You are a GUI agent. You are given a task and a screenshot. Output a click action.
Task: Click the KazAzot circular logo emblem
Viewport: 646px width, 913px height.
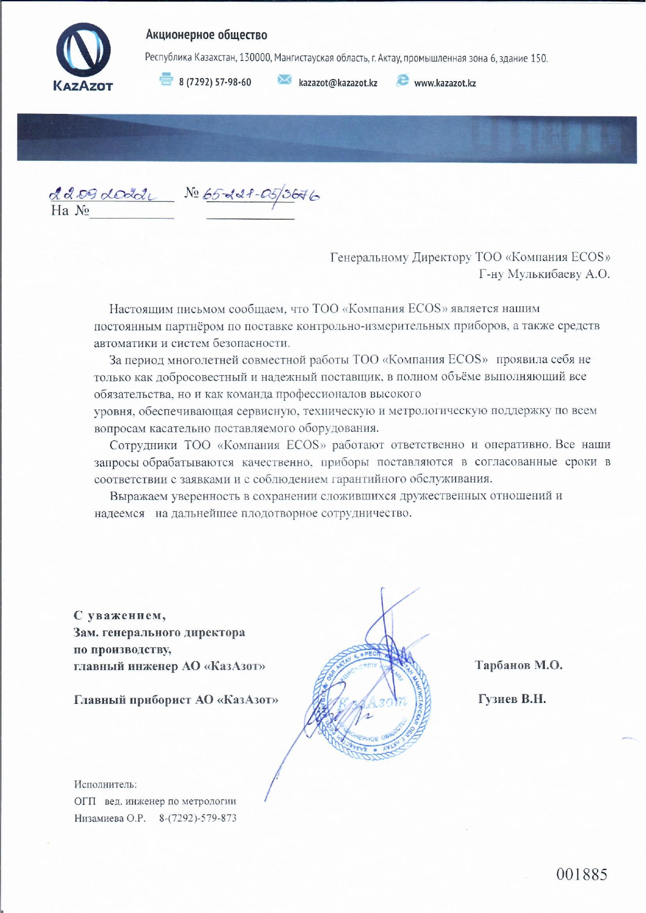[83, 50]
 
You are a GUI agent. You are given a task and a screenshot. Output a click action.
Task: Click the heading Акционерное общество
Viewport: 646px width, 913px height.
[206, 35]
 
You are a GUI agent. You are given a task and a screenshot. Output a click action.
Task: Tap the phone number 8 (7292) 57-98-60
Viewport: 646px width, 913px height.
[215, 82]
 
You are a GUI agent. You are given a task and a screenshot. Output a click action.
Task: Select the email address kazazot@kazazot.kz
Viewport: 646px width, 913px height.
[338, 83]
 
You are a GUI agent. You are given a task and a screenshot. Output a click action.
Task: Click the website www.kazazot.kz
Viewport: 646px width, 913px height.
[445, 83]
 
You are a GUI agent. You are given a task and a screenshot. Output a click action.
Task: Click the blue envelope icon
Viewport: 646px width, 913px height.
[284, 80]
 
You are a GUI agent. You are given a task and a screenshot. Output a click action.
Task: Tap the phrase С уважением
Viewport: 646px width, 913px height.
[120, 615]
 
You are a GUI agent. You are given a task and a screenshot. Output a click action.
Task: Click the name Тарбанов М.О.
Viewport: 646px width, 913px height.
[519, 665]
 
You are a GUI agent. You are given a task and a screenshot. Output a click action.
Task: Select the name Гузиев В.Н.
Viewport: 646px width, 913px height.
[512, 699]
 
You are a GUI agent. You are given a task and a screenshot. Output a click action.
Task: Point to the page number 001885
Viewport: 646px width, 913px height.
[582, 875]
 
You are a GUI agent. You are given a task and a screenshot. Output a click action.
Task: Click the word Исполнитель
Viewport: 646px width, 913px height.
[106, 785]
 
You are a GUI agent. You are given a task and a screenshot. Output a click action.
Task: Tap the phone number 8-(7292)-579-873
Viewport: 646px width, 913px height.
[198, 818]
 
